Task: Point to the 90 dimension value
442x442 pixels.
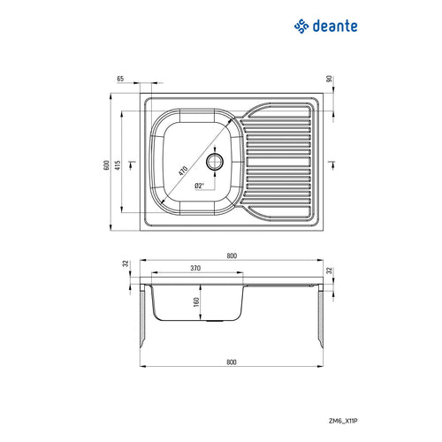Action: point(329,80)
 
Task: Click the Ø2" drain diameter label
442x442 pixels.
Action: point(200,187)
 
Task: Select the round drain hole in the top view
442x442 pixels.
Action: point(214,162)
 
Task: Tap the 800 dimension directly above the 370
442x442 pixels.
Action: point(232,256)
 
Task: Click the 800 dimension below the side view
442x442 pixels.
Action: point(232,361)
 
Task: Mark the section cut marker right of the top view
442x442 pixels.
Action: point(329,162)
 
